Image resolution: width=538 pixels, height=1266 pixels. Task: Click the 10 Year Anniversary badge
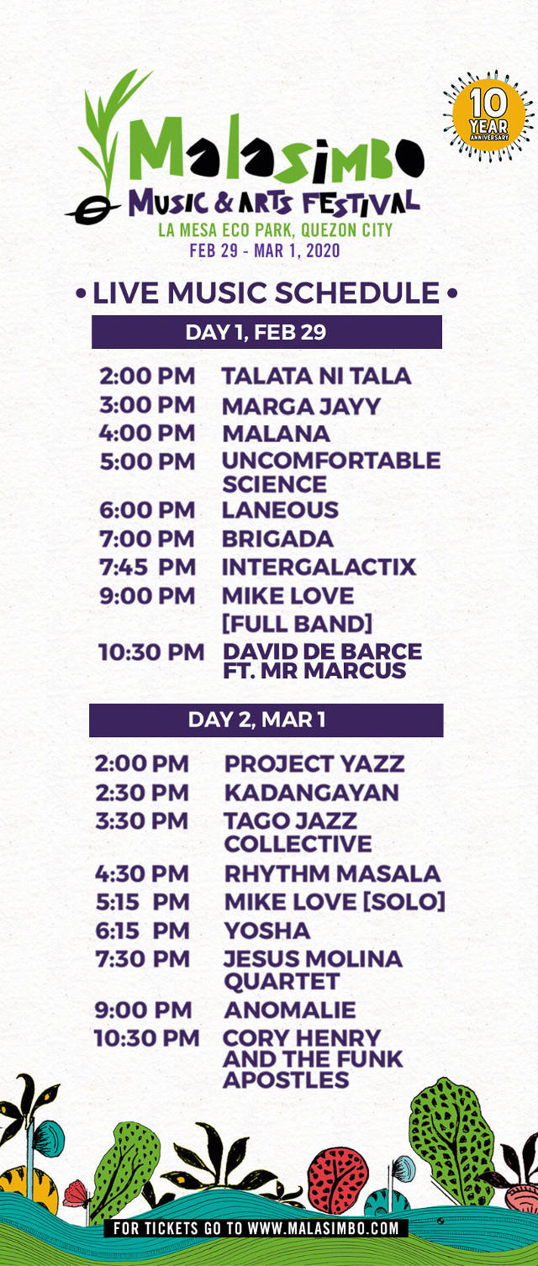click(488, 116)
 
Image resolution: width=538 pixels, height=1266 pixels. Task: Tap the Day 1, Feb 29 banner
click(266, 332)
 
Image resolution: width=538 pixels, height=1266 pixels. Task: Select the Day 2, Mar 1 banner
click(266, 720)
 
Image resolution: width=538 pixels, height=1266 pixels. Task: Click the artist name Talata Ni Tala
click(316, 376)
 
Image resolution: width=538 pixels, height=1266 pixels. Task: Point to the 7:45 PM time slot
click(147, 567)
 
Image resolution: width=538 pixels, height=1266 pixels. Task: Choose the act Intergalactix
click(319, 567)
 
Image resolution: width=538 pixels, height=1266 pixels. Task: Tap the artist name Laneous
click(280, 509)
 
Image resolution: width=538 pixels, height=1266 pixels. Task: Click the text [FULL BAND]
click(297, 624)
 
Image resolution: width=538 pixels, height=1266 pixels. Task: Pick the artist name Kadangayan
click(311, 793)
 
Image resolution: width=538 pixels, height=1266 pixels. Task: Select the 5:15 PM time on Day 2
click(142, 902)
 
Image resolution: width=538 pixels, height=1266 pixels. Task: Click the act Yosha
click(266, 931)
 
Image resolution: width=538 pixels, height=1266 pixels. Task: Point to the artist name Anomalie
click(290, 1010)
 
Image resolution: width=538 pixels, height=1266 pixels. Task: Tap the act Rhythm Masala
click(332, 873)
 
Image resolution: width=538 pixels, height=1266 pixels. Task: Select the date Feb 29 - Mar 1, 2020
click(265, 251)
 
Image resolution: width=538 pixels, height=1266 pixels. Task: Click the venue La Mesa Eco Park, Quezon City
click(275, 230)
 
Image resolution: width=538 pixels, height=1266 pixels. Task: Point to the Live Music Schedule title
click(266, 293)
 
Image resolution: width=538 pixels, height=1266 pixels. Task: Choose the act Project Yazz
click(314, 764)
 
